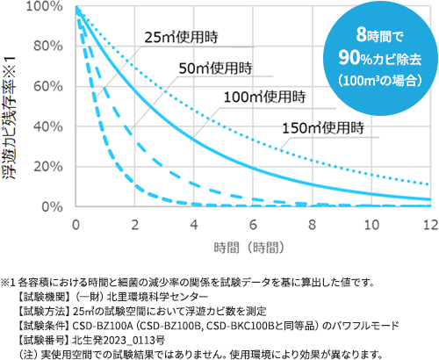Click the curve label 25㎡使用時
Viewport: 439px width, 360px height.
(181, 38)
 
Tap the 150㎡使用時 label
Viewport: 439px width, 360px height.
(323, 128)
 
